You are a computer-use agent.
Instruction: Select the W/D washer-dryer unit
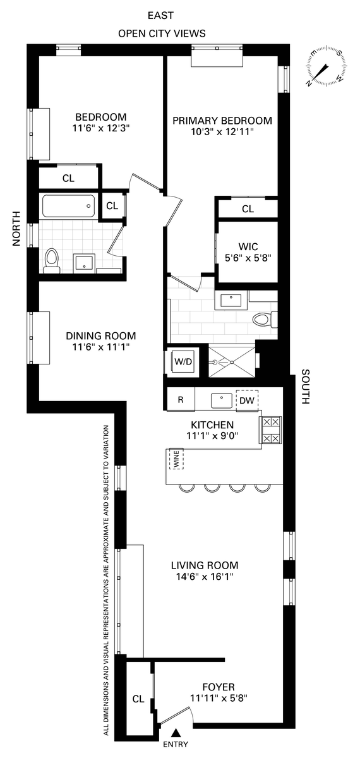(183, 361)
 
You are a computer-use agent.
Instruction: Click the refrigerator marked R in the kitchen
(181, 400)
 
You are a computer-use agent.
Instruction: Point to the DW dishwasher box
(247, 400)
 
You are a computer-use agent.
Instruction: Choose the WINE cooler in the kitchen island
(176, 459)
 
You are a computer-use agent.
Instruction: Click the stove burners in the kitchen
(270, 430)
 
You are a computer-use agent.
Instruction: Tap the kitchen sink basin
(222, 400)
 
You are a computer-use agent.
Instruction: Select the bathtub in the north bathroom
(68, 206)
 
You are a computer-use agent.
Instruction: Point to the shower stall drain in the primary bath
(232, 362)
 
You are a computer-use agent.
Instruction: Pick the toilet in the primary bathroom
(265, 320)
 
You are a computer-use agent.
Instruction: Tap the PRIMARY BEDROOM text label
(222, 121)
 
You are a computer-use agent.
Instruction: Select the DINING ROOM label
(101, 336)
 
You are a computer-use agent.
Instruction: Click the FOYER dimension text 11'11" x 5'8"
(219, 698)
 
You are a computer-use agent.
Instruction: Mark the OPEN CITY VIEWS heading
(162, 33)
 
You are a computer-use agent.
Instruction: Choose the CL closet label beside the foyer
(138, 699)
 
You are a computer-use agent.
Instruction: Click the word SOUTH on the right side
(305, 387)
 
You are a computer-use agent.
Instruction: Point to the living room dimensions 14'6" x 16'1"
(205, 576)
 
